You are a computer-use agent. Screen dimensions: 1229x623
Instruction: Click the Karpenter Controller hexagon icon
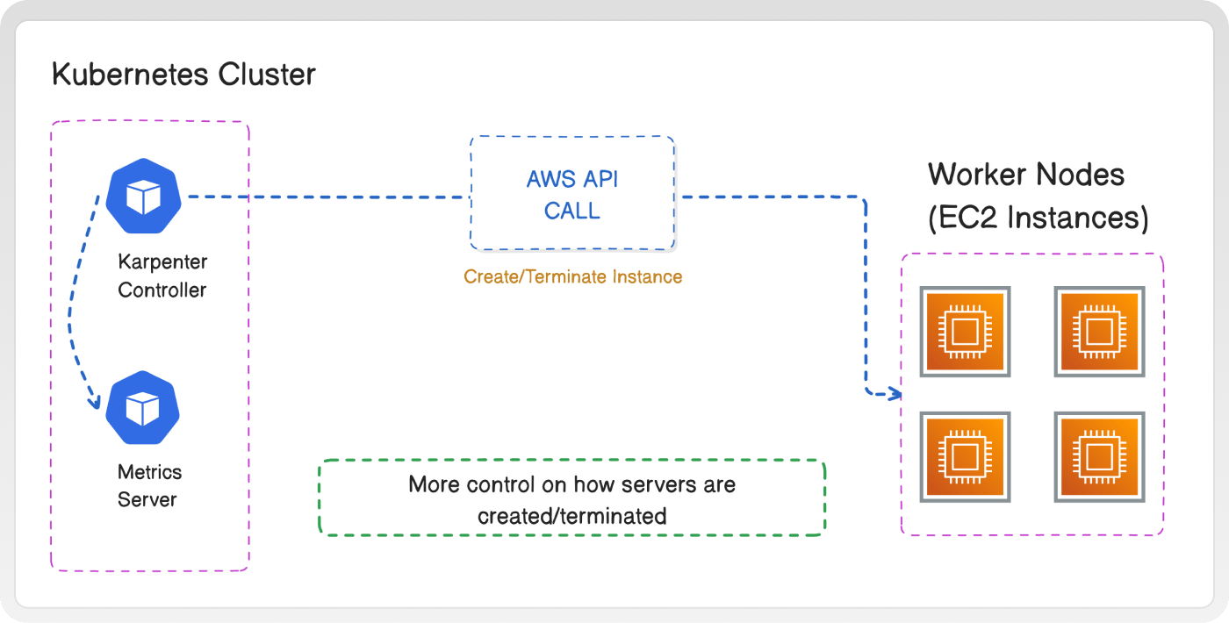[x=143, y=196]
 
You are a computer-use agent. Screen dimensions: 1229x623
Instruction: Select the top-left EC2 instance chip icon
[x=965, y=332]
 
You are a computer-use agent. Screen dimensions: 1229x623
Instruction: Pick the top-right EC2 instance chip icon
[x=1099, y=332]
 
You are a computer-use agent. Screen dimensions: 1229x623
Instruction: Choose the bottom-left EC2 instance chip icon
[x=965, y=457]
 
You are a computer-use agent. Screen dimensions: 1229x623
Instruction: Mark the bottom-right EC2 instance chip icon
[x=1099, y=457]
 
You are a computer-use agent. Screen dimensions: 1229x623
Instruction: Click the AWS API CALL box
[x=572, y=193]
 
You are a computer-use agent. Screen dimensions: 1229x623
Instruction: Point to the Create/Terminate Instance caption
[x=572, y=276]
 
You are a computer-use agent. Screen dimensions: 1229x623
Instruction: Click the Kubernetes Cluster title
[x=183, y=74]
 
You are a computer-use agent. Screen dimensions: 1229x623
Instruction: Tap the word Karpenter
[x=162, y=262]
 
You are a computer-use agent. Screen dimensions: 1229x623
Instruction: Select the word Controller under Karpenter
[x=162, y=290]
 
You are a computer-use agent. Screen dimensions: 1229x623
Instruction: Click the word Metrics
[x=149, y=472]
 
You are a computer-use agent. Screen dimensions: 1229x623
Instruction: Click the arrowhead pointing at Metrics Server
[x=96, y=403]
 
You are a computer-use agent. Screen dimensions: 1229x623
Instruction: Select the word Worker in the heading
[x=976, y=175]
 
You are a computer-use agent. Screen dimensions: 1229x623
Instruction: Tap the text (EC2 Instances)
[x=1038, y=218]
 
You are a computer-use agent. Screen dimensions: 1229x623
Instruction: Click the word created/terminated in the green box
[x=572, y=516]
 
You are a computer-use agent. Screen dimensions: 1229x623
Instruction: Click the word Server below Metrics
[x=147, y=499]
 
